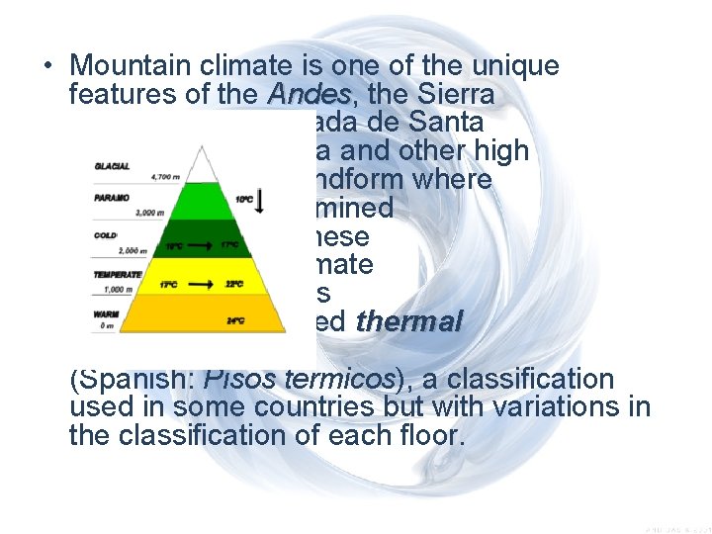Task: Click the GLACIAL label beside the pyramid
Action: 113,165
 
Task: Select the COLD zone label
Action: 108,234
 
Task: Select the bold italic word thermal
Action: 408,322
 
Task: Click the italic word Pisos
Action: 228,379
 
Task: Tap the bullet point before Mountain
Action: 46,67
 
